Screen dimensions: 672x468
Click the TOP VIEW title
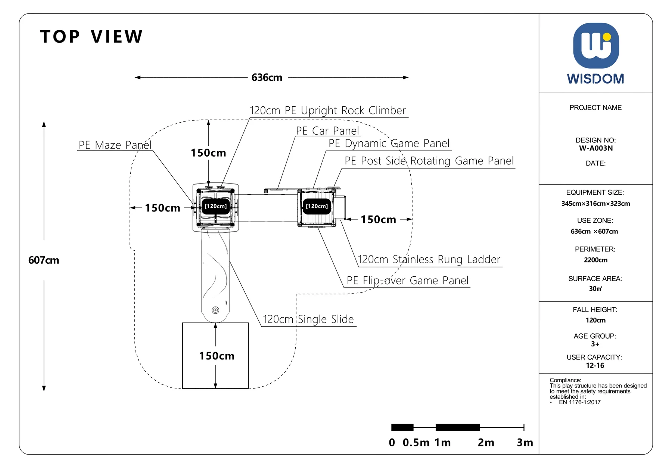tap(91, 37)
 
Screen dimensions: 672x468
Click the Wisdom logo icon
tap(596, 46)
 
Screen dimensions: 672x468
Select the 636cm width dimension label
tap(267, 78)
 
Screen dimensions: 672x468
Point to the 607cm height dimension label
tap(44, 260)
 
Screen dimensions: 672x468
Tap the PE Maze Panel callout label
tap(115, 145)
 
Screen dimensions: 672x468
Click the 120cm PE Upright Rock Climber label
tap(328, 110)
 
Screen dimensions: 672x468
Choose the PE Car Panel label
tap(327, 131)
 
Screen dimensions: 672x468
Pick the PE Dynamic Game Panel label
tap(389, 143)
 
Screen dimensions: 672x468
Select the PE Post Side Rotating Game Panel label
tap(429, 161)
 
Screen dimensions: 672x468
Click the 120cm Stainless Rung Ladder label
tap(429, 259)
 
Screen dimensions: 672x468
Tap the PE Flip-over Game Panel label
tap(408, 280)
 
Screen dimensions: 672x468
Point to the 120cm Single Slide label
tap(308, 319)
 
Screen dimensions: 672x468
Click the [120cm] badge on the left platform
tap(216, 206)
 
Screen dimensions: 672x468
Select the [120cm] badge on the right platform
tap(317, 206)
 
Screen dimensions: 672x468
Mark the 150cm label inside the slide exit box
tap(217, 356)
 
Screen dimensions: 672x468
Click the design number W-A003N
tap(596, 148)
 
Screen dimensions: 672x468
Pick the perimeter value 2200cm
tap(596, 260)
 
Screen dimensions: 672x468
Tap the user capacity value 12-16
tap(595, 365)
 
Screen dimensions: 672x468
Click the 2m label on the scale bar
tap(486, 443)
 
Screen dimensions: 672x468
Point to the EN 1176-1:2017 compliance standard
tap(580, 402)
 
